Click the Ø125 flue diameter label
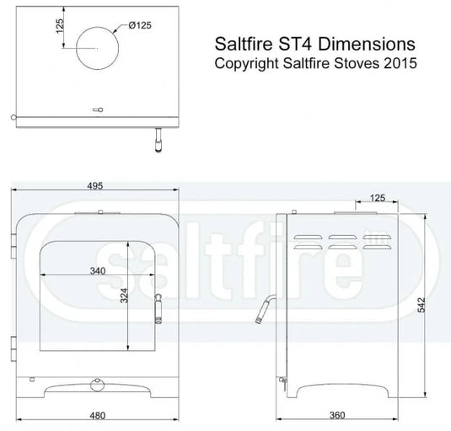click(140, 26)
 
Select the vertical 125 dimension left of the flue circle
click(60, 27)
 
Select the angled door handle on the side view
click(263, 309)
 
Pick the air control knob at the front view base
click(94, 386)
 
